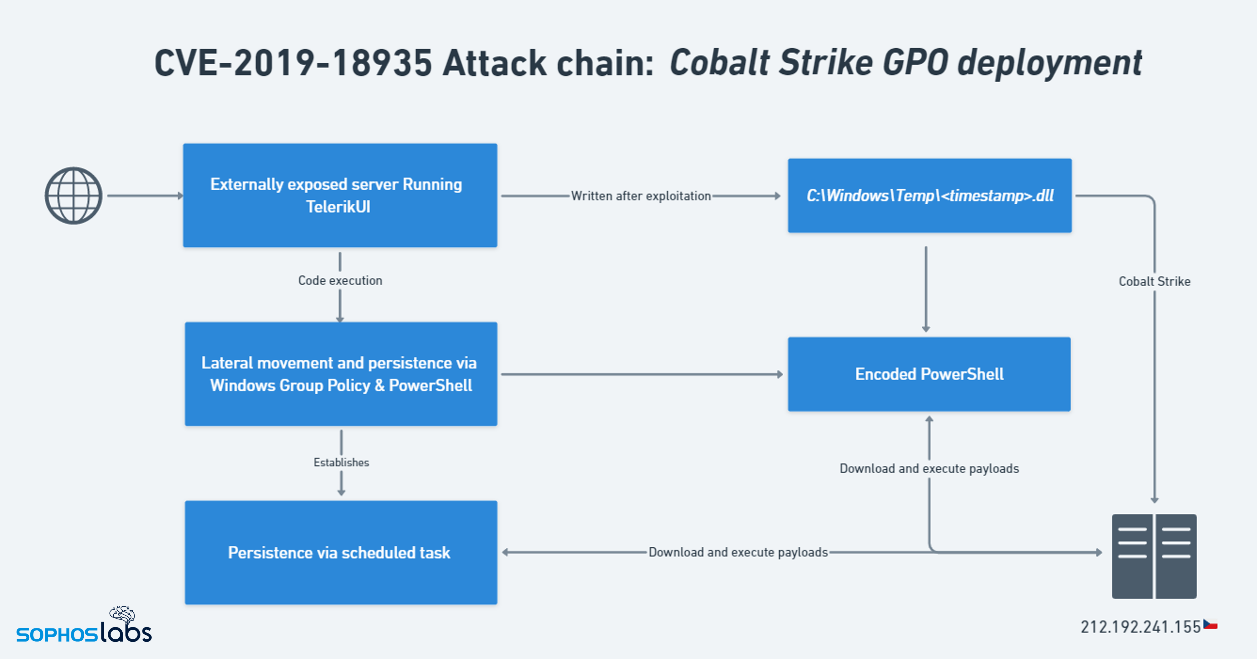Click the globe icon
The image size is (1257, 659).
click(x=73, y=196)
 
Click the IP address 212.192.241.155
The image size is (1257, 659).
click(x=1140, y=627)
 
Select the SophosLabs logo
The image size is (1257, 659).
click(x=84, y=626)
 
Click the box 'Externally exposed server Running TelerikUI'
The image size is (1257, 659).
click(x=340, y=196)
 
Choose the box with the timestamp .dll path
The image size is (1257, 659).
click(x=929, y=196)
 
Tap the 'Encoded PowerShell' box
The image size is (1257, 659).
click(x=929, y=374)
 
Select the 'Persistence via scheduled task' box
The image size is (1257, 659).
click(x=341, y=552)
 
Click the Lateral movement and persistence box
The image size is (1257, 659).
click(x=341, y=374)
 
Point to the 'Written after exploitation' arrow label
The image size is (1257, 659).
click(x=641, y=196)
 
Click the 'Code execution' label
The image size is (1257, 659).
click(x=340, y=281)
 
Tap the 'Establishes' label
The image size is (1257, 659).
click(x=341, y=463)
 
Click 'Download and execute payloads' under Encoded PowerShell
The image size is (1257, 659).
click(x=929, y=468)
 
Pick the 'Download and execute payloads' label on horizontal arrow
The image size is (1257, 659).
click(x=738, y=552)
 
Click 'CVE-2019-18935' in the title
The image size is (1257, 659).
click(x=293, y=63)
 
